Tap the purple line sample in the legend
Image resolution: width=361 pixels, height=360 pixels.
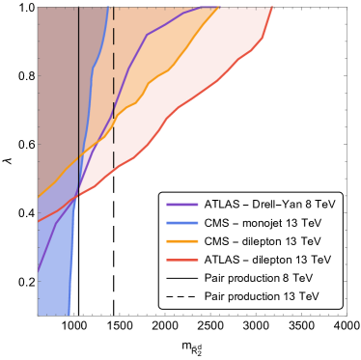pyautogui.click(x=181, y=205)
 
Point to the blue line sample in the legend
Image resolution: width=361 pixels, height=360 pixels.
pyautogui.click(x=181, y=223)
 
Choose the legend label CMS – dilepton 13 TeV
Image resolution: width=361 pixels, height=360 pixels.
pyautogui.click(x=263, y=241)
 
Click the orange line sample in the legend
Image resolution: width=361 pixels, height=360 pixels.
pyautogui.click(x=181, y=241)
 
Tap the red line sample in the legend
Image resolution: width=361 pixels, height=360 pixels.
pyautogui.click(x=181, y=260)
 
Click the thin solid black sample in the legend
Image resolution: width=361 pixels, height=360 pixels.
pyautogui.click(x=181, y=278)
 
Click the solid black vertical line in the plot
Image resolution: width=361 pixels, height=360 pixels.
pyautogui.click(x=78, y=97)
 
